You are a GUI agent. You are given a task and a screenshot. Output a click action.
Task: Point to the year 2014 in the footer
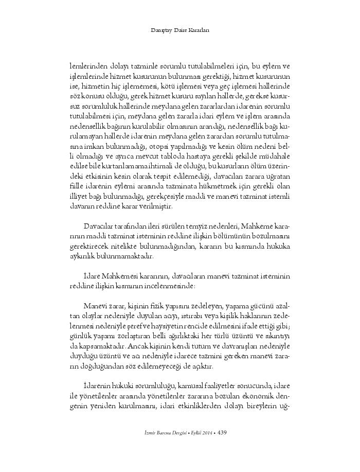point(208,433)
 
